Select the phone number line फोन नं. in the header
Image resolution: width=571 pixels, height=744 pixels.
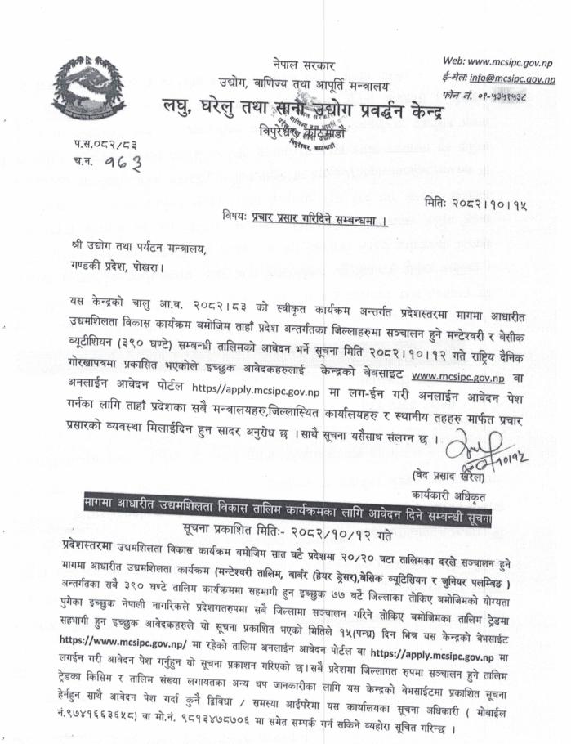coord(498,95)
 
